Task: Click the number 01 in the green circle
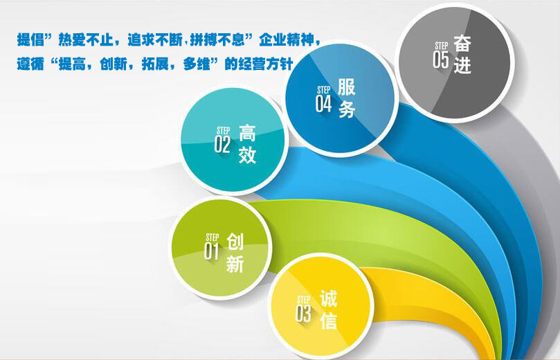tap(211, 251)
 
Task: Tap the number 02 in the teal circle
tap(222, 144)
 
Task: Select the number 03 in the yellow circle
tap(303, 313)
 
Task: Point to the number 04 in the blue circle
tap(323, 104)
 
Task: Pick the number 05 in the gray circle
tap(440, 60)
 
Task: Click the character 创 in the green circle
tap(235, 242)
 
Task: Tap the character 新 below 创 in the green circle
tap(235, 264)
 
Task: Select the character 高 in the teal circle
tap(247, 133)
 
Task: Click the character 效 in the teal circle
tap(247, 155)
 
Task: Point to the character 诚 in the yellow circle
tap(328, 298)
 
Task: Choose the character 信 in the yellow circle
tap(328, 321)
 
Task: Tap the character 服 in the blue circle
tap(346, 87)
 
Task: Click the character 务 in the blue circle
tap(346, 109)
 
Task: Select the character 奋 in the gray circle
tap(462, 44)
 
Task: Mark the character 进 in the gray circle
tap(462, 65)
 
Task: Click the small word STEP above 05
tap(442, 46)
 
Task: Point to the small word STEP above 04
tap(323, 90)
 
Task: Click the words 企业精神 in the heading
tap(287, 39)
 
